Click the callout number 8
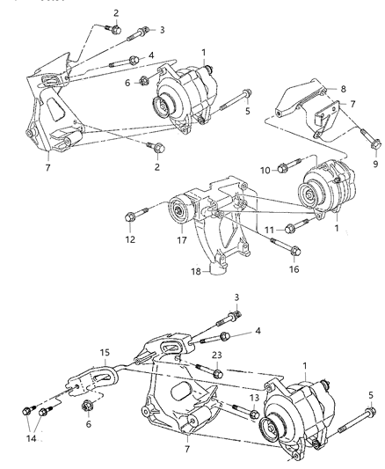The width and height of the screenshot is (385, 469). coord(343,89)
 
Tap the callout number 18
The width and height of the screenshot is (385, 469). coord(196,272)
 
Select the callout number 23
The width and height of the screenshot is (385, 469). coord(217,355)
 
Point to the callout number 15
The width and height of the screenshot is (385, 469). coord(105,352)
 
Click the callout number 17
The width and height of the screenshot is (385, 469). coord(182,240)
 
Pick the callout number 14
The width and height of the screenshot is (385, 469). coord(31,439)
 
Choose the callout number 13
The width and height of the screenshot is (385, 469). coord(254,398)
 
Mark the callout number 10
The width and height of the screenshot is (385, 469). coord(265,171)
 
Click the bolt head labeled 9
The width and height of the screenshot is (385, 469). coord(375,145)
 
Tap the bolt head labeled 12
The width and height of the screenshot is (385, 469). coord(130,216)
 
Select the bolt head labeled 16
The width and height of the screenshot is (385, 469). coord(294,251)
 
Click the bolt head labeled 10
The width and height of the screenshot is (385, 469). coord(282,169)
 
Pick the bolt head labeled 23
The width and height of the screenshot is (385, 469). coord(218,374)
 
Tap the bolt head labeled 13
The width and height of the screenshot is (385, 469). coord(254,414)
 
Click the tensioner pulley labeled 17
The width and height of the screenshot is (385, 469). coord(178,209)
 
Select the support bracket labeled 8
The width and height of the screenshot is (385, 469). coord(300,99)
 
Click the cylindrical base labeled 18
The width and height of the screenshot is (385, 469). coord(217,268)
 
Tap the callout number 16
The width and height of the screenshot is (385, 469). coord(294,269)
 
